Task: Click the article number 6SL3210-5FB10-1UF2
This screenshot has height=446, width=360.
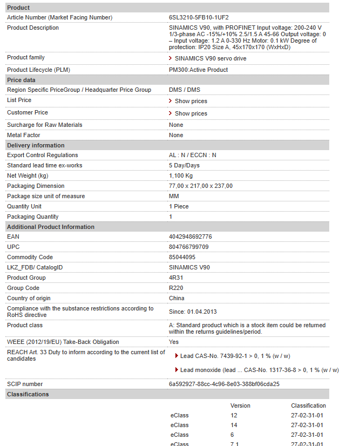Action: tap(199, 18)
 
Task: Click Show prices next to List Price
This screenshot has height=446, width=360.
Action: tap(191, 101)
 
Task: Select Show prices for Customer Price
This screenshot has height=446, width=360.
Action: tap(191, 113)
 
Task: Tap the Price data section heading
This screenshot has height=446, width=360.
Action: tap(21, 80)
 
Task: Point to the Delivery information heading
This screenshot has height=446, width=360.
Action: tap(36, 145)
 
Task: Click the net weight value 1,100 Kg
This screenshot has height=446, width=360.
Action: tap(181, 175)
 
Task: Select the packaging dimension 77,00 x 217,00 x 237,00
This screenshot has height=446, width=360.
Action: tap(201, 186)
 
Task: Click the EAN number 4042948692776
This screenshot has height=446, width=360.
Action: tap(191, 237)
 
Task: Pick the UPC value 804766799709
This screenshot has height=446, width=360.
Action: tap(189, 247)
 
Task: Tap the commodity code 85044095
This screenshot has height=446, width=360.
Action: tap(182, 258)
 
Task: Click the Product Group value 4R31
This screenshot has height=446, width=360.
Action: tap(176, 278)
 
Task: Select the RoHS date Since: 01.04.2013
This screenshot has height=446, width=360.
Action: tap(194, 312)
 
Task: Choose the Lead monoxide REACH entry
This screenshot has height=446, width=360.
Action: tap(259, 370)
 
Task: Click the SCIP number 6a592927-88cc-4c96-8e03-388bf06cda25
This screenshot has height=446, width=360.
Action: tap(224, 384)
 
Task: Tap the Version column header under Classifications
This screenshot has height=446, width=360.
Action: tap(240, 406)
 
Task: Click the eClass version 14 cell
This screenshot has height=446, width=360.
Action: tap(234, 425)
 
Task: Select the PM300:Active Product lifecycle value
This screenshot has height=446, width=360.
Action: tap(198, 70)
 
